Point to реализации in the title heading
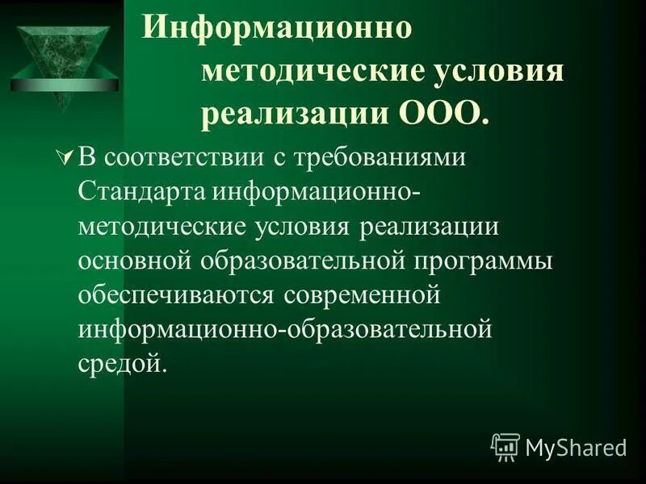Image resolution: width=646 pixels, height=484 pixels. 296,114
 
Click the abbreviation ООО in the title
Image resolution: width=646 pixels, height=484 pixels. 440,114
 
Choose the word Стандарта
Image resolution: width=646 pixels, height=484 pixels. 144,192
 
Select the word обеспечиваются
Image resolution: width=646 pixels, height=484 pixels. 177,296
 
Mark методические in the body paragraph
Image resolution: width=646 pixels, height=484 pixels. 161,227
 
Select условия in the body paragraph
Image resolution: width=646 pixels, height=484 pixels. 304,227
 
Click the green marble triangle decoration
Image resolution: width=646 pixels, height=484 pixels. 61,60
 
